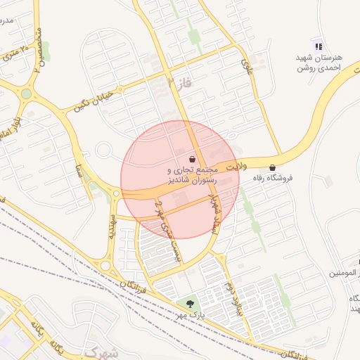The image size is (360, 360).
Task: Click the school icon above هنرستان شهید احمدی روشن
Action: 318,46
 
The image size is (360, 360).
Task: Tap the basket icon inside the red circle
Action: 192,159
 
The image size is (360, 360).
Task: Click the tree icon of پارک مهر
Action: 189,303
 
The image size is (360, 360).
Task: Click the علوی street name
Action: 247,67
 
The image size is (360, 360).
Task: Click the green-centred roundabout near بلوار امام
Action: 26,94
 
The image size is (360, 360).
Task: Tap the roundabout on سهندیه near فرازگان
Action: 105,265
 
